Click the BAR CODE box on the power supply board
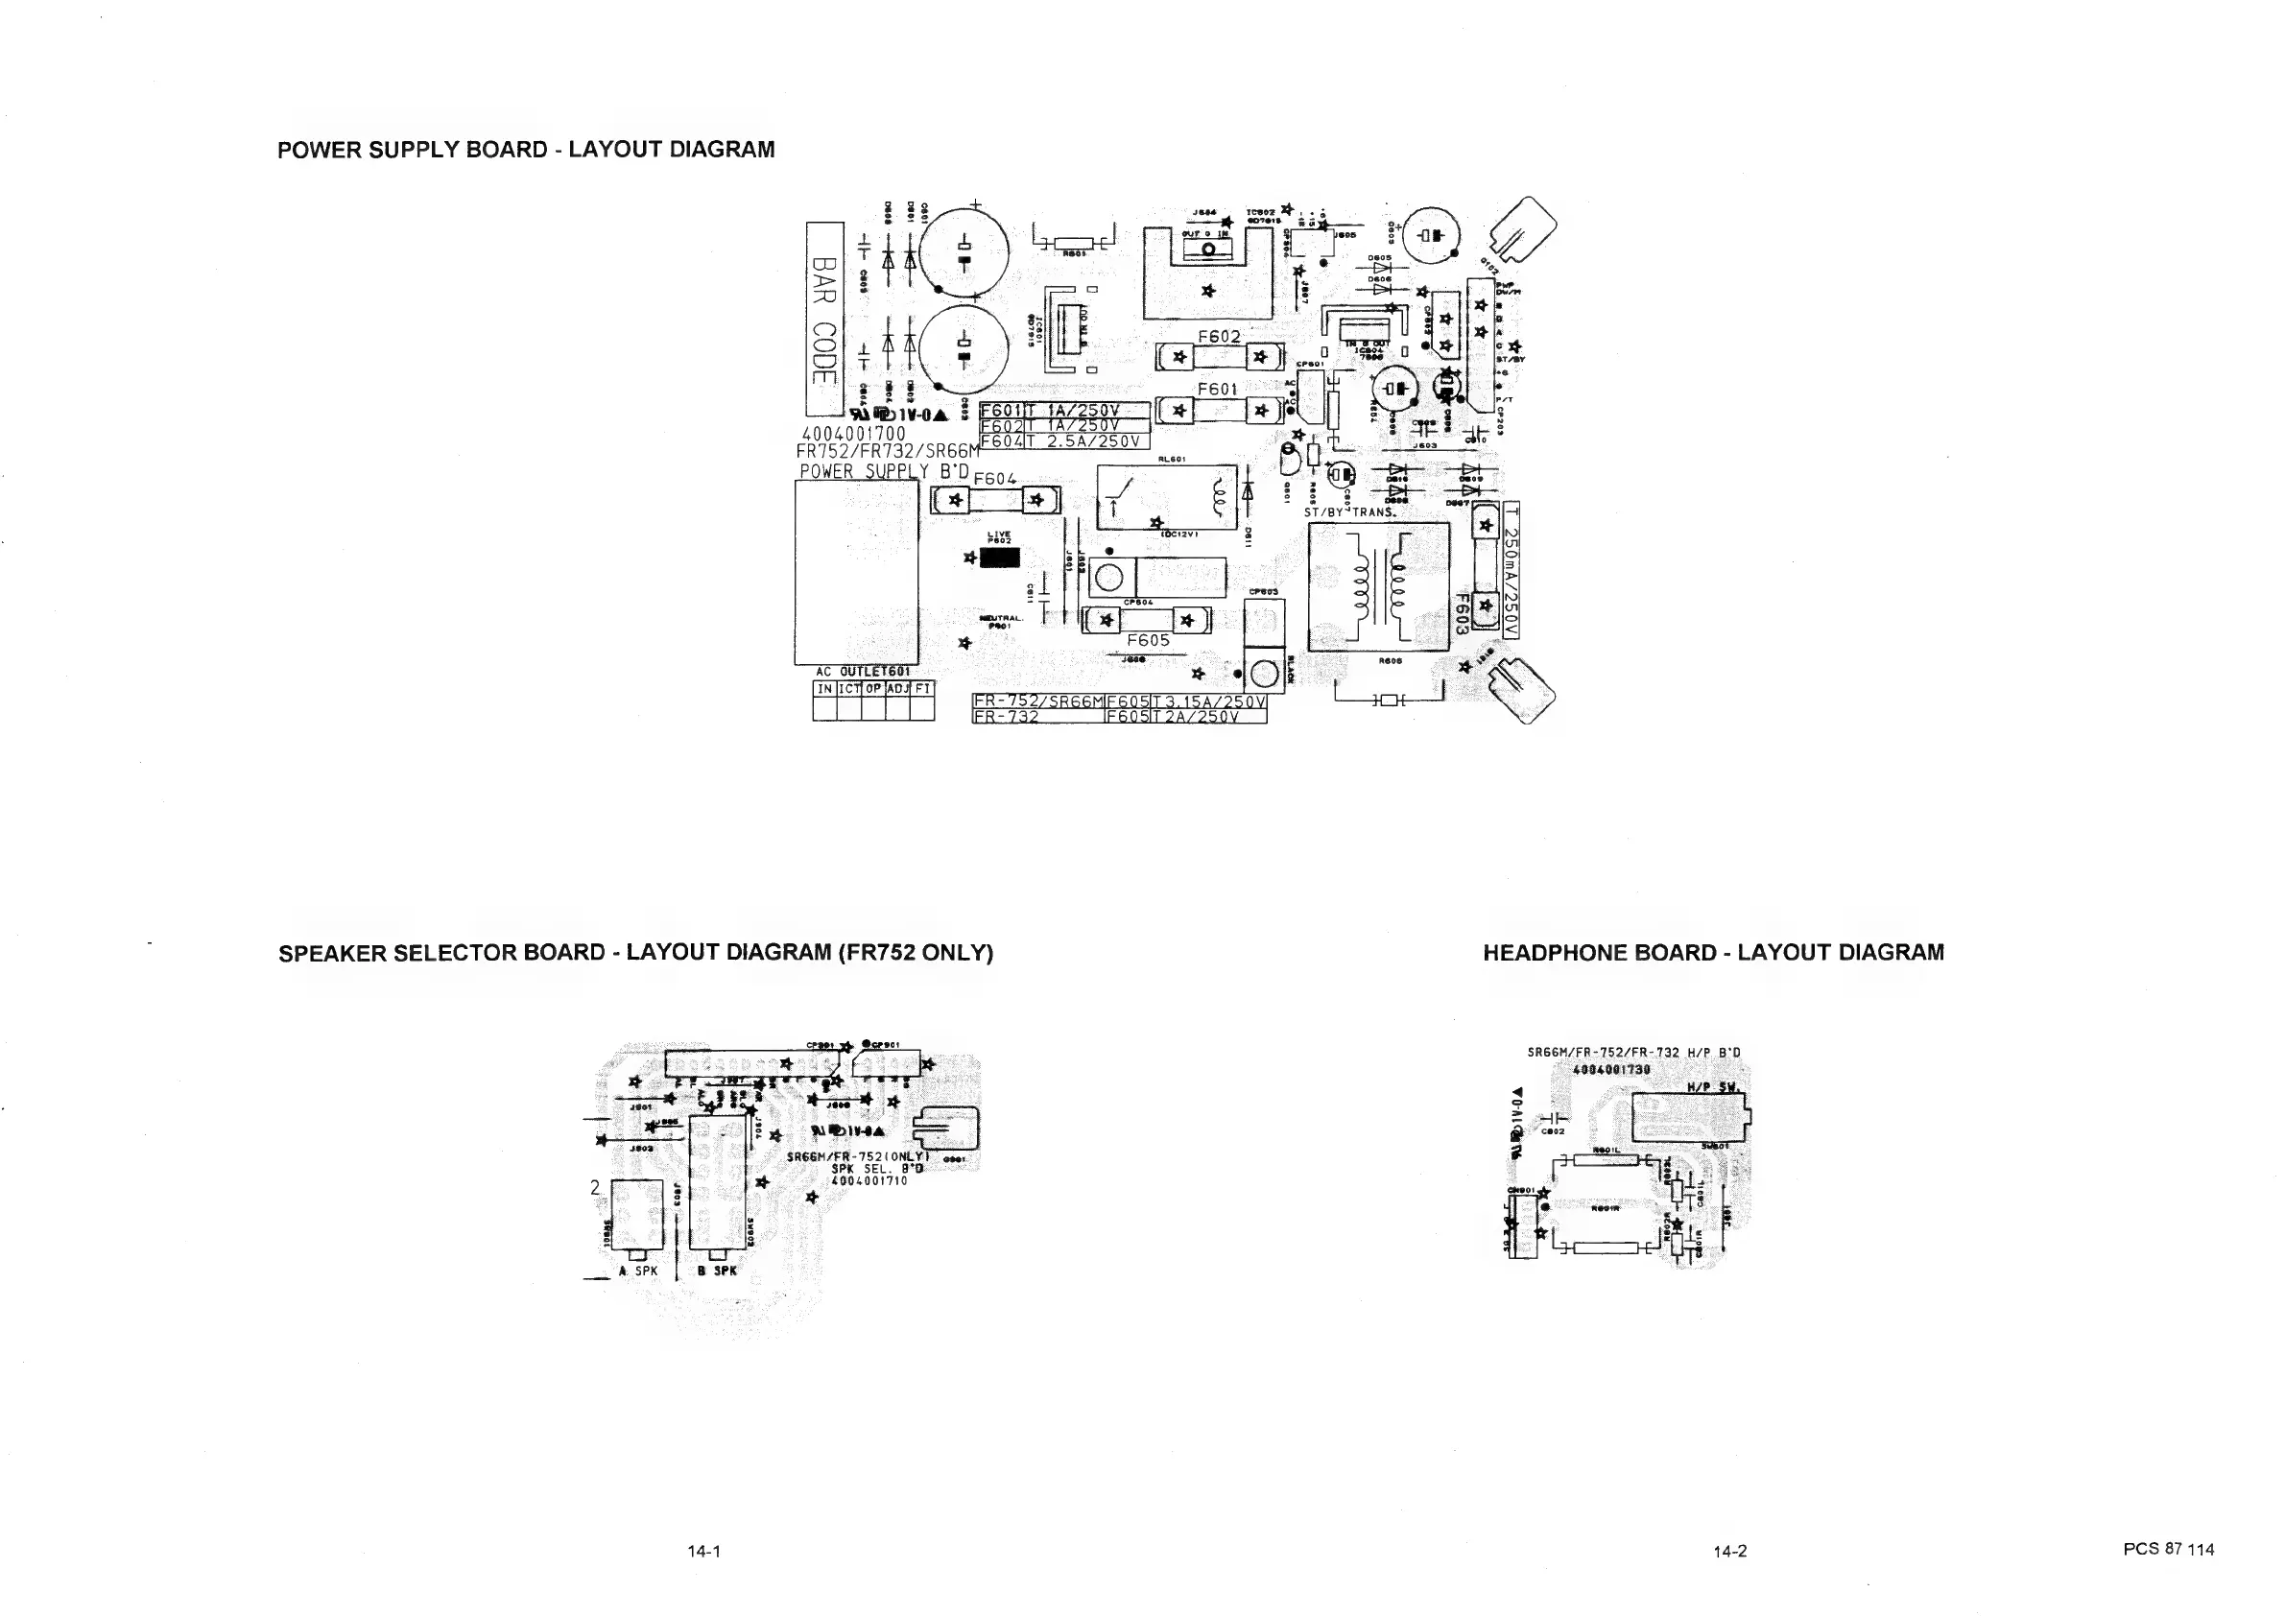tap(825, 319)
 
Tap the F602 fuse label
tap(1218, 336)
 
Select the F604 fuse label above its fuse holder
tap(994, 479)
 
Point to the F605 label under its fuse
tap(1148, 640)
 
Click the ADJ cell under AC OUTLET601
tap(897, 689)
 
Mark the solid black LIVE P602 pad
tap(999, 558)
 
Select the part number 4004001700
tap(854, 434)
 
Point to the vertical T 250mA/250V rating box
tap(1511, 569)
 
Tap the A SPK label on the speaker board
tap(638, 1271)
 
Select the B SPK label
tap(718, 1271)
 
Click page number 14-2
tap(1729, 1551)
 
